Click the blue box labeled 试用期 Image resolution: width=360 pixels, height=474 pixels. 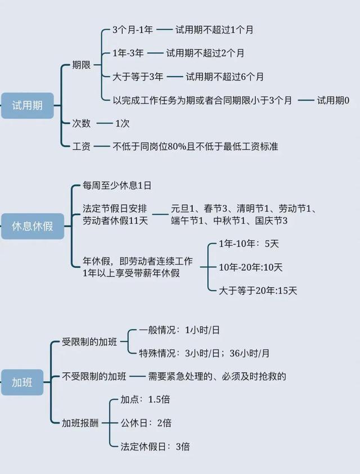[27, 106]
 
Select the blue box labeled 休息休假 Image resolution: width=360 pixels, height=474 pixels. [33, 226]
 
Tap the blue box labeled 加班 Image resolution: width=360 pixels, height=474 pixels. [22, 382]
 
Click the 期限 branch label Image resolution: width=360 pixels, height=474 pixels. [82, 65]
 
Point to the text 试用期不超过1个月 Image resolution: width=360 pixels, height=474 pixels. [214, 30]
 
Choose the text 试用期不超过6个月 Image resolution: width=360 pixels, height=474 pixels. [224, 76]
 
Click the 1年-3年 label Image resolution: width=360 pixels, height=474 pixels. [128, 53]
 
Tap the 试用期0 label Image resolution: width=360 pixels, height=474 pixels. [333, 100]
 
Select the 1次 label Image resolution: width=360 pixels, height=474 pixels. [123, 123]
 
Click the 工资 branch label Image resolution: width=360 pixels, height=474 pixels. [82, 147]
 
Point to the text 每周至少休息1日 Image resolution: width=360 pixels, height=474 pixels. [117, 186]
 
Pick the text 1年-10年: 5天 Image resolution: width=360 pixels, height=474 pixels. [249, 243]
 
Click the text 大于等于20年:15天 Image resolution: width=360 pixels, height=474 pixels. [258, 291]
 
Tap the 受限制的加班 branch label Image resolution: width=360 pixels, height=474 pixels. [89, 342]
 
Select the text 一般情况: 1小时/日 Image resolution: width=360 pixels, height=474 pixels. [179, 330]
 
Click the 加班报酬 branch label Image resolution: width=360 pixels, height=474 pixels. [80, 423]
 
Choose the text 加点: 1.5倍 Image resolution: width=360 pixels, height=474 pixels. [145, 399]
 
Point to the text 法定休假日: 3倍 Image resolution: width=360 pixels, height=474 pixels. [155, 446]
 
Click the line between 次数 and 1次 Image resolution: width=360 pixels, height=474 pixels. [104, 123]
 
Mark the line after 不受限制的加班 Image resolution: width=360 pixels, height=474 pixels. [138, 376]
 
